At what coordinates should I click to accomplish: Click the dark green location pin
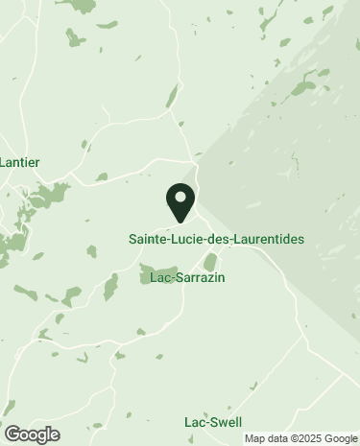[x=180, y=201]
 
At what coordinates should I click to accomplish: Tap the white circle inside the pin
[x=180, y=198]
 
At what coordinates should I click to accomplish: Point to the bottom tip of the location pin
[x=180, y=223]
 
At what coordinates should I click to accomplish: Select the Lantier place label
[x=19, y=163]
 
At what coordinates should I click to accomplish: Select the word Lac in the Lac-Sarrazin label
[x=160, y=278]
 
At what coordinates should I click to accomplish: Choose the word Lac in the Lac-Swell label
[x=195, y=422]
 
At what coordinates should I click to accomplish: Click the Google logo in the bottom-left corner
[x=31, y=434]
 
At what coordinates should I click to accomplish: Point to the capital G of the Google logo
[x=12, y=434]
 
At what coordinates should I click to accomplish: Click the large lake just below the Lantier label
[x=45, y=198]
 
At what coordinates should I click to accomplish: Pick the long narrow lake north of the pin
[x=173, y=97]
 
